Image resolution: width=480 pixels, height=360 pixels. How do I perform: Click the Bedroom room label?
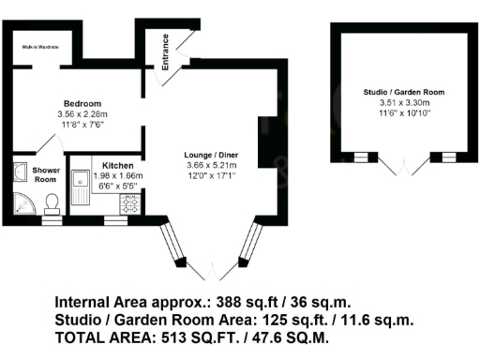(x=82, y=103)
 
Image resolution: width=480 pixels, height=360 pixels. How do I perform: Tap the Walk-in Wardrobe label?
(x=41, y=45)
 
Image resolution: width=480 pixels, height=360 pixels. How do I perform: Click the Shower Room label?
(x=46, y=175)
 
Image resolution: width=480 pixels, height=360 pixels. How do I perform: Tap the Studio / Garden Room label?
(x=403, y=92)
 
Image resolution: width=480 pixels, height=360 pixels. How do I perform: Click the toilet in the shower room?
(x=52, y=201)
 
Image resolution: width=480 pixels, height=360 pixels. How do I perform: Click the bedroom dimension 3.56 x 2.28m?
(x=82, y=113)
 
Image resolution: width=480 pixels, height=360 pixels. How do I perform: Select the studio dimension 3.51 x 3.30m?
(x=403, y=103)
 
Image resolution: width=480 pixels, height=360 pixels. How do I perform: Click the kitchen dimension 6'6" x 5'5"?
(x=118, y=186)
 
